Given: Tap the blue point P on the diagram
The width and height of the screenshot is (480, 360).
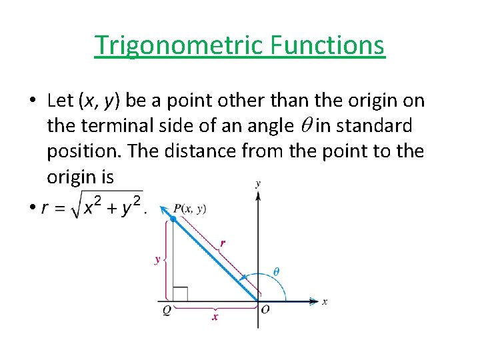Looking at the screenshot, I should pyautogui.click(x=173, y=219).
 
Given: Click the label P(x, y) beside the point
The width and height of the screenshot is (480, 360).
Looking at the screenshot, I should pyautogui.click(x=189, y=209).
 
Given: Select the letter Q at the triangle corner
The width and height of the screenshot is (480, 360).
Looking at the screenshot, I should pyautogui.click(x=167, y=310).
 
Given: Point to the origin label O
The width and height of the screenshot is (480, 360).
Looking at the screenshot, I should pyautogui.click(x=265, y=310).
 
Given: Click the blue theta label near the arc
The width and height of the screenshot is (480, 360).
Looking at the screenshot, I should pyautogui.click(x=277, y=271).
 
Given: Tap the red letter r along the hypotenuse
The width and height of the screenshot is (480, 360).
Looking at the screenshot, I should pyautogui.click(x=222, y=243).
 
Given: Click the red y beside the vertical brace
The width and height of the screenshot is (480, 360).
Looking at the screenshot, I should pyautogui.click(x=158, y=259).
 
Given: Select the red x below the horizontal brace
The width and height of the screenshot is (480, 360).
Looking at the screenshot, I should pyautogui.click(x=215, y=318).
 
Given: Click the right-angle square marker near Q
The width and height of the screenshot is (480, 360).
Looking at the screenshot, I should pyautogui.click(x=180, y=294).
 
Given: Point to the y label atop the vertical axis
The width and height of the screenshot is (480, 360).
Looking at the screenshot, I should pyautogui.click(x=258, y=183).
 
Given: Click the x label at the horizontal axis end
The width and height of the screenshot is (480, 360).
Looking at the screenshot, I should pyautogui.click(x=325, y=302).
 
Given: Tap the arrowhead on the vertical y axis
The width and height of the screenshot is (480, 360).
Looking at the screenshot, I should pyautogui.click(x=258, y=194).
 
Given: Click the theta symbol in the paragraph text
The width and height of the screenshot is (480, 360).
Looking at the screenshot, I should pyautogui.click(x=303, y=125).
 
